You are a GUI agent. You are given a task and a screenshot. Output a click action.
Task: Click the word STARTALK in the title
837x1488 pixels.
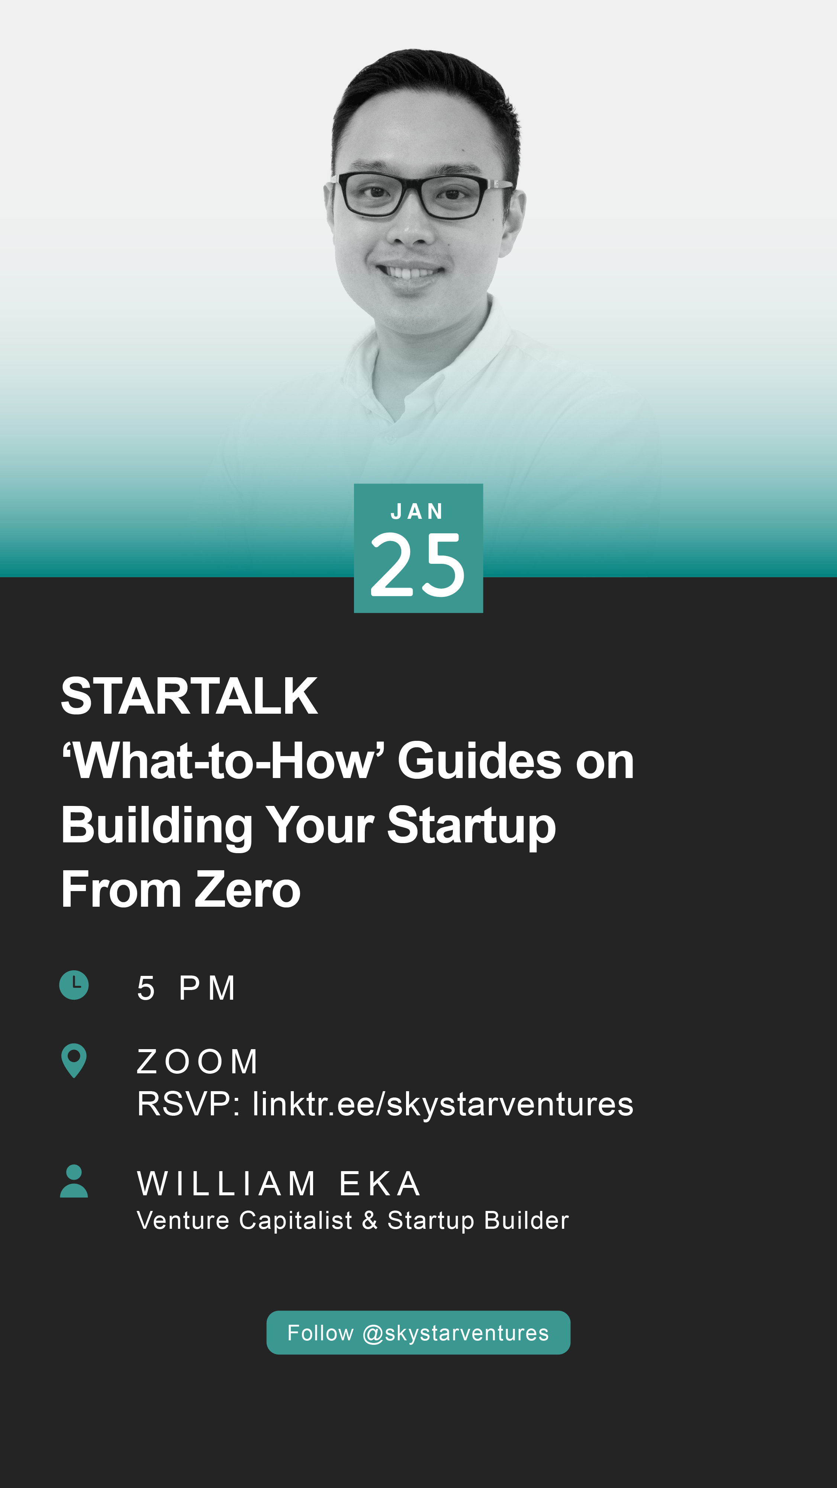click(x=189, y=696)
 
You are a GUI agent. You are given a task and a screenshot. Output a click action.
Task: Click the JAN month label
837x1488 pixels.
click(x=417, y=511)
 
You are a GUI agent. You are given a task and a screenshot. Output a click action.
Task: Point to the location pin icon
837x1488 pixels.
click(x=74, y=1060)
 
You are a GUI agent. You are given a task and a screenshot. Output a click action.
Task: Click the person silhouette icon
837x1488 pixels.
click(x=74, y=1181)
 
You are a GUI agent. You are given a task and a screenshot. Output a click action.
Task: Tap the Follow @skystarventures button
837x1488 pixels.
click(x=418, y=1333)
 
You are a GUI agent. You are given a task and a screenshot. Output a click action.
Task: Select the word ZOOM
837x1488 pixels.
click(x=197, y=1062)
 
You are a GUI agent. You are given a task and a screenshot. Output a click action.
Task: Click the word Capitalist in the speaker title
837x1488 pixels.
click(x=296, y=1221)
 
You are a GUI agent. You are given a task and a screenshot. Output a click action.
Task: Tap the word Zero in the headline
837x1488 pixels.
click(x=247, y=890)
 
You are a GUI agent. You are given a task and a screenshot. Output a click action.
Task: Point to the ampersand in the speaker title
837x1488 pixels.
click(x=370, y=1221)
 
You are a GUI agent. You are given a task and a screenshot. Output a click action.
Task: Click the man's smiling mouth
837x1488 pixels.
click(x=410, y=271)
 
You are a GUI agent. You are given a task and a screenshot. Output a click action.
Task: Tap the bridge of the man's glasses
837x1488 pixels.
click(x=411, y=186)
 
